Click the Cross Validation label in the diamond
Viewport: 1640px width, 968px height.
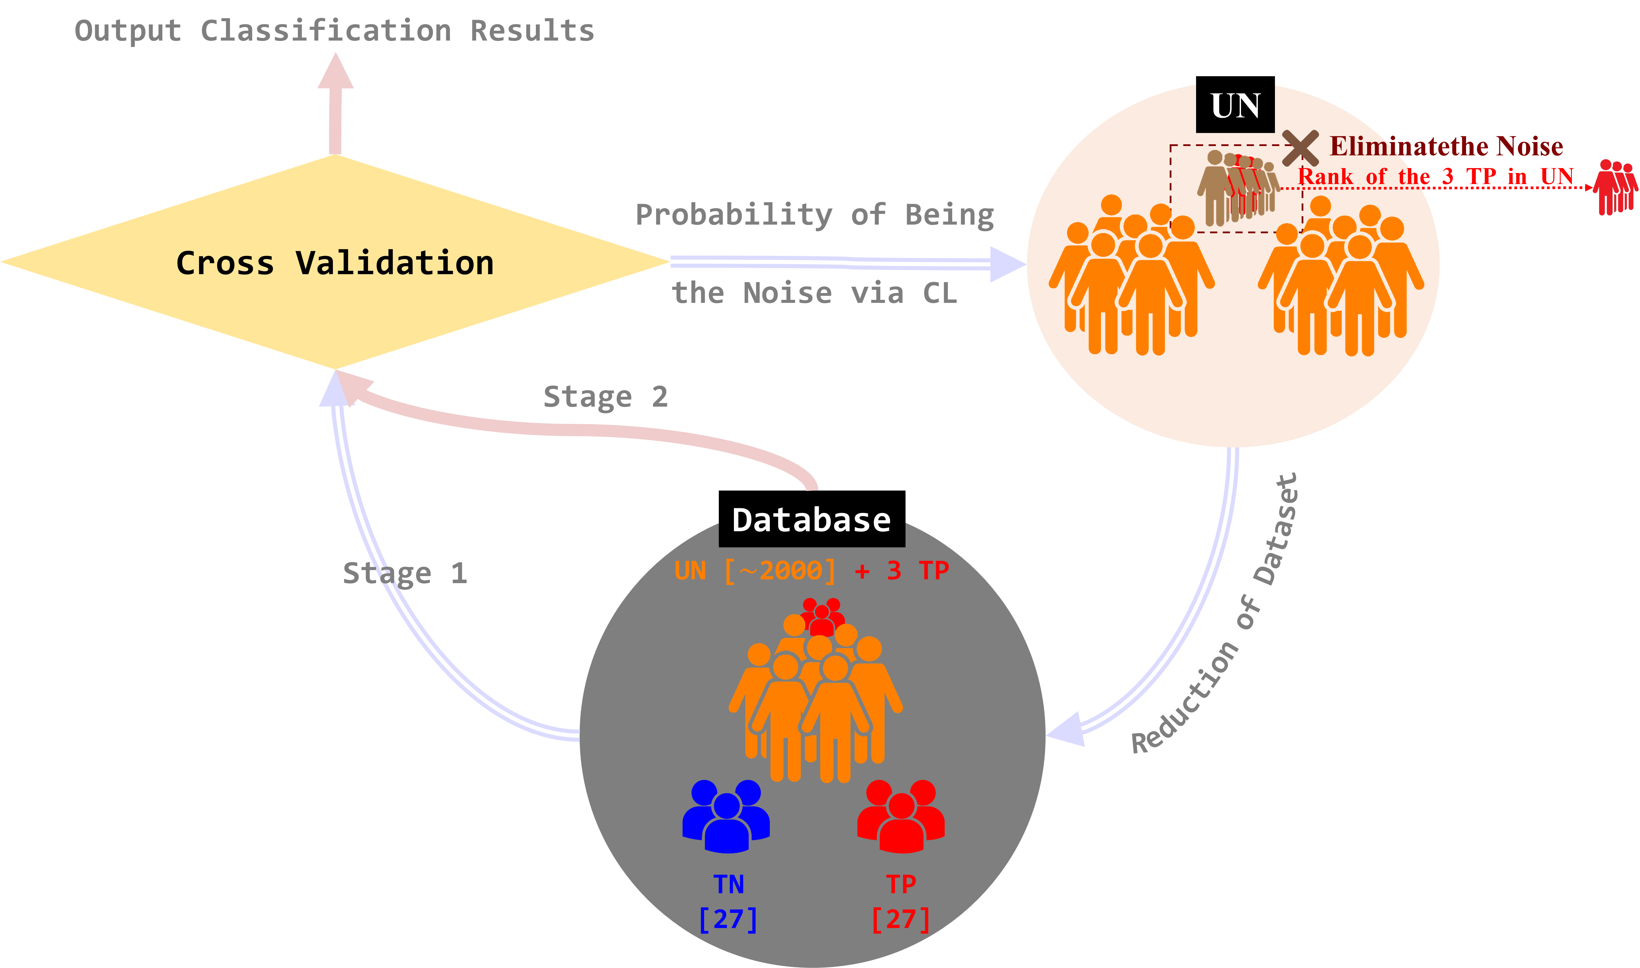point(335,263)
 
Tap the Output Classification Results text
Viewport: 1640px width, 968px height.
point(334,31)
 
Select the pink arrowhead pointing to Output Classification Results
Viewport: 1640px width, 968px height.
point(335,72)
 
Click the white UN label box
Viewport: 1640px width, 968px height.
point(1235,106)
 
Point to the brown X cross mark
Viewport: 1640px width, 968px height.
point(1300,148)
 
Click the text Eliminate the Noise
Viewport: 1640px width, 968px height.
point(1446,146)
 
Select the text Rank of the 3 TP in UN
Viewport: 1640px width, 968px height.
point(1436,176)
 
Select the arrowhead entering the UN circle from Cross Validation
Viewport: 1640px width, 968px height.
point(1007,264)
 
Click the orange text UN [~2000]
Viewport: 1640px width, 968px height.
point(755,571)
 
